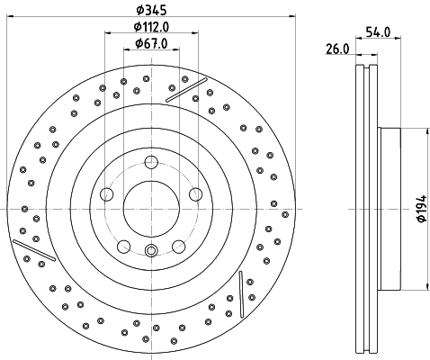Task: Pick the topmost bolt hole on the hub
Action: point(150,162)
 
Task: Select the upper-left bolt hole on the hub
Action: point(107,193)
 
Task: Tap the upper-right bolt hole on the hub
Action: point(194,193)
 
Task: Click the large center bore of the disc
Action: point(150,208)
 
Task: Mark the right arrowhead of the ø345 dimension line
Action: point(292,20)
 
